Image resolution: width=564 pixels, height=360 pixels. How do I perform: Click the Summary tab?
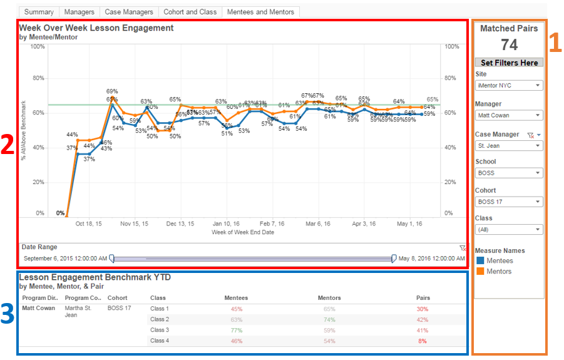[39, 12]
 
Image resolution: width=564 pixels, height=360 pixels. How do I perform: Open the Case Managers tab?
[128, 12]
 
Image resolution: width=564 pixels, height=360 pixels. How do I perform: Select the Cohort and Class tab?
[190, 12]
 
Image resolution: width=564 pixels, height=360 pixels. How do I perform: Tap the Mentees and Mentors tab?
[260, 12]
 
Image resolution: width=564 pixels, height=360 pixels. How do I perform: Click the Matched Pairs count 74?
[509, 45]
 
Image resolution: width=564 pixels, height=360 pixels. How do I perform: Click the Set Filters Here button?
[509, 63]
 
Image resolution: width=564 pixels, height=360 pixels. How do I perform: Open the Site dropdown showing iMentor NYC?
[509, 85]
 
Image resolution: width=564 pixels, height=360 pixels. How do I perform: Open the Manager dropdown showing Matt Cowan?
[509, 115]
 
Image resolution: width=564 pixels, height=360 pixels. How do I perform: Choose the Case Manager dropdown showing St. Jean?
[509, 145]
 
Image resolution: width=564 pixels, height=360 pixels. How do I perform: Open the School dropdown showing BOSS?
[509, 173]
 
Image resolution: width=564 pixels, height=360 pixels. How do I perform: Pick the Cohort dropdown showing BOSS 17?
[509, 202]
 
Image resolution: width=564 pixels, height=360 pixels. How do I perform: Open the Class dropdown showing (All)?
[509, 230]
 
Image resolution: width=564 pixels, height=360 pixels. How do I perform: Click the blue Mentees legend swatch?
[479, 260]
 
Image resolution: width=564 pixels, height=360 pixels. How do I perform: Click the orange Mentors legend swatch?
[479, 271]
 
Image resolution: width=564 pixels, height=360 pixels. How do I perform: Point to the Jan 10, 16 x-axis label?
[226, 223]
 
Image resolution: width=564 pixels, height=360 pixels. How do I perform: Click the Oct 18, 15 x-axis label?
[88, 223]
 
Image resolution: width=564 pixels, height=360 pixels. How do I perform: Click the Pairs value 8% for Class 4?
[423, 341]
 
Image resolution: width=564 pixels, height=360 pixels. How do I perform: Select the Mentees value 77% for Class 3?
[236, 330]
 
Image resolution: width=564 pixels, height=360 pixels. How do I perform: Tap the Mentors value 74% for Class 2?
[329, 319]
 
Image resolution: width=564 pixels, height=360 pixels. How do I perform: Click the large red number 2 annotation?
[8, 145]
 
